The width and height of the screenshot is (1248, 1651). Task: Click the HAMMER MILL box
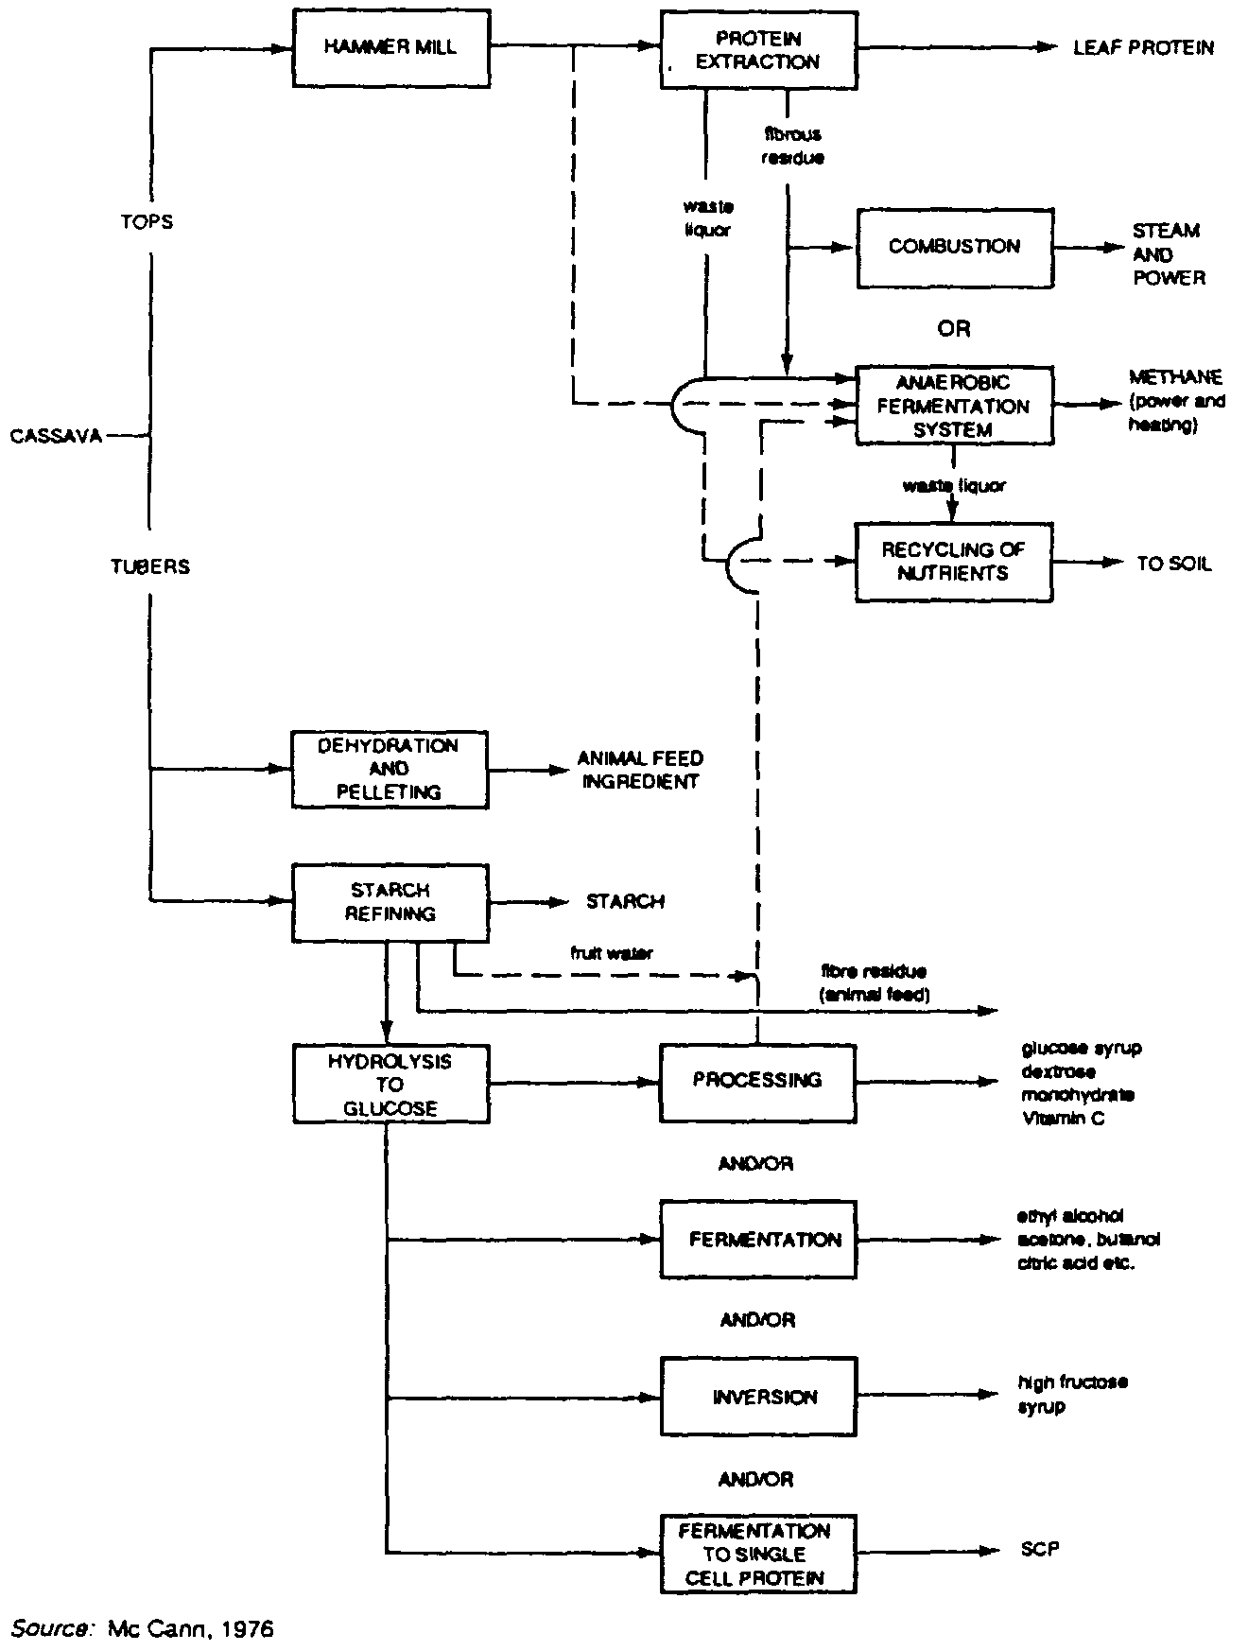pos(390,48)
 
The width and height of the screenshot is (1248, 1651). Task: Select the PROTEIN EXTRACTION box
pos(757,50)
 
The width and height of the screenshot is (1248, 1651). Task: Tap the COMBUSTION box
pos(954,247)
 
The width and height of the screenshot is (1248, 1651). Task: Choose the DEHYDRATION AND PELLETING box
pos(390,770)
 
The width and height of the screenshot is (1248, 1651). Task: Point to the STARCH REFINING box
pos(390,902)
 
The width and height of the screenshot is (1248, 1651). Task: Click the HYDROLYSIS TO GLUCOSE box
pos(390,1085)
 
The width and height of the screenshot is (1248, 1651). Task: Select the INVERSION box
pos(758,1397)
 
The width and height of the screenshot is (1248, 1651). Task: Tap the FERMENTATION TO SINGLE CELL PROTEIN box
pos(757,1554)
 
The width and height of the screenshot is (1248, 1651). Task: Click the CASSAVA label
pos(57,437)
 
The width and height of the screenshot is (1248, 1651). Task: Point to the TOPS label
pos(147,222)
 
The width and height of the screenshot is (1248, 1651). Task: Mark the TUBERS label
pos(150,567)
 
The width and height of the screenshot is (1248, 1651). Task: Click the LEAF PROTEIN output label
pos(1143,48)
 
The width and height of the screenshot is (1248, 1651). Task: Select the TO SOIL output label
pos(1173,565)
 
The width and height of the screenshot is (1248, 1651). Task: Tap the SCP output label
pos(1040,1550)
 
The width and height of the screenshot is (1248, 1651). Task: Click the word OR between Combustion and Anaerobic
pos(954,329)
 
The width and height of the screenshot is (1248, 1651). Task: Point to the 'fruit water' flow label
pos(611,953)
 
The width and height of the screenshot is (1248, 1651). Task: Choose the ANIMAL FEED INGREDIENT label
pos(640,770)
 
